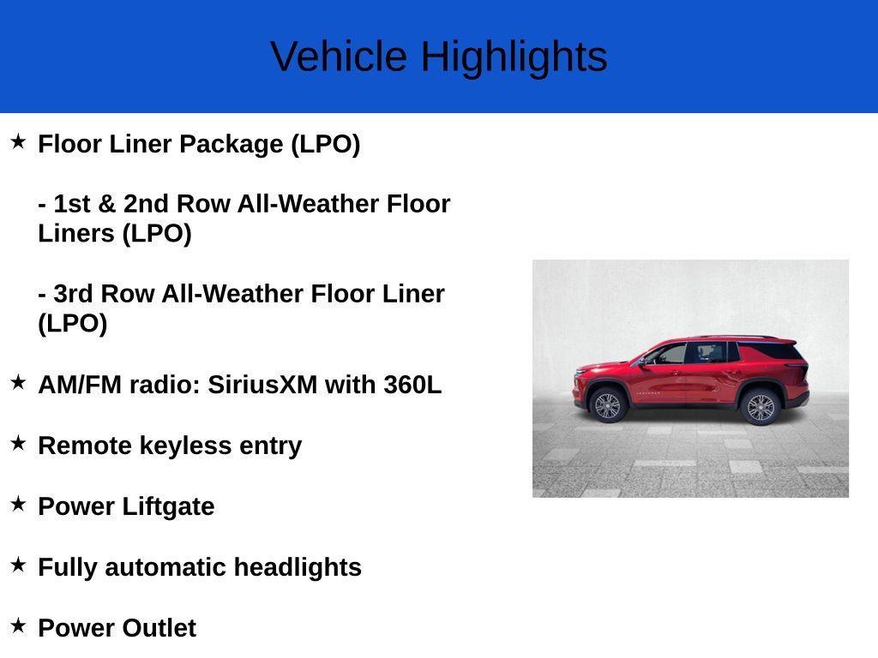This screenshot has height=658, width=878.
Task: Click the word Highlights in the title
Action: (514, 57)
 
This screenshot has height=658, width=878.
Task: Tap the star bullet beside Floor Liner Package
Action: (18, 141)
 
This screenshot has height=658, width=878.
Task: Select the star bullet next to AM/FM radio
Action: (18, 383)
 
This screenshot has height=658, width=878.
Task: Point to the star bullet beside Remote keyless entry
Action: (18, 443)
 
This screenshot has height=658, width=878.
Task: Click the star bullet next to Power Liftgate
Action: (18, 504)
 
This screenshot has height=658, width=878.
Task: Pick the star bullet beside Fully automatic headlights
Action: (18, 565)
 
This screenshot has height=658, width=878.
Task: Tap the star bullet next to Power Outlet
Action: (18, 625)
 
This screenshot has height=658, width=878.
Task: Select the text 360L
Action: (412, 386)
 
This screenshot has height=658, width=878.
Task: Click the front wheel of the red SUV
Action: (608, 405)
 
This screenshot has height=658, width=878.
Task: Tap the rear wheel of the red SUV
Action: (761, 407)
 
